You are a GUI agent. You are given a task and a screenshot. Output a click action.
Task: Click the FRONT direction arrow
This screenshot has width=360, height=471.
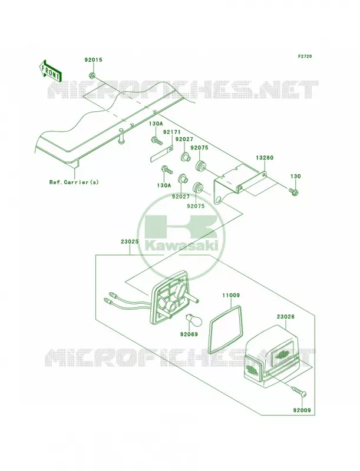50,70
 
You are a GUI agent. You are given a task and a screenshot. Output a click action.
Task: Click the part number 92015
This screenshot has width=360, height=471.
93,60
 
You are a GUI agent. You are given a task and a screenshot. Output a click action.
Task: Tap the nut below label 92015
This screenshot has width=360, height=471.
93,75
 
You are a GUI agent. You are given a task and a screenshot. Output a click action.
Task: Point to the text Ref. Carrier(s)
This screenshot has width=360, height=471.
74,182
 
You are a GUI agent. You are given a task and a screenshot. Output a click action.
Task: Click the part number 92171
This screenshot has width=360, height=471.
172,131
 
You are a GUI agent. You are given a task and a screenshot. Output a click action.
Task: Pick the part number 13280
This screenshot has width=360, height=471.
265,157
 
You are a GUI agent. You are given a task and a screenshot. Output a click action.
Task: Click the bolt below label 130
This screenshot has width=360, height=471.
293,191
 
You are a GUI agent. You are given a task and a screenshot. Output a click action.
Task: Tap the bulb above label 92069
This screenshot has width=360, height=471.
190,319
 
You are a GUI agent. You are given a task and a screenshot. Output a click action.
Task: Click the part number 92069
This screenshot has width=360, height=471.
189,334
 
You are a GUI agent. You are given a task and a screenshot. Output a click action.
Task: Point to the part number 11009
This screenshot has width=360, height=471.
231,296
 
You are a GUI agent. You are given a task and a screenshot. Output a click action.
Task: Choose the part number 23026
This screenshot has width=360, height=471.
286,317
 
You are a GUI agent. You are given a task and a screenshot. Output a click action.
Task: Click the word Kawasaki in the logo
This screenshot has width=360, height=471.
181,246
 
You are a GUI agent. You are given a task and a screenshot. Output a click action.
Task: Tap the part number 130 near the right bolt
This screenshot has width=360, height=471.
295,176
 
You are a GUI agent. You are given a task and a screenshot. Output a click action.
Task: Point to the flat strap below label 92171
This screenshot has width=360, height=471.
161,153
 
